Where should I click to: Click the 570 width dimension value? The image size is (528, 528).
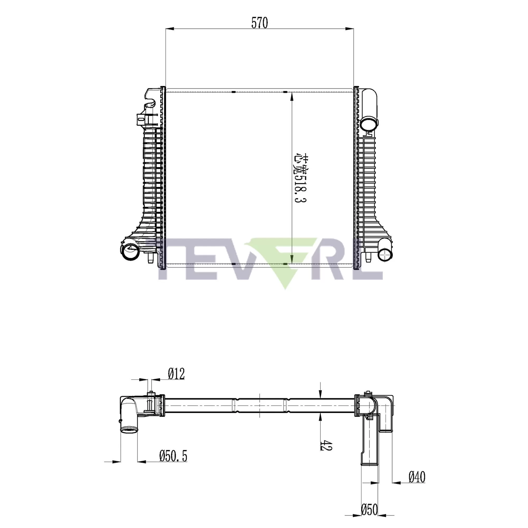(x=259, y=23)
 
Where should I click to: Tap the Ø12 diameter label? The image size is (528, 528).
(x=176, y=374)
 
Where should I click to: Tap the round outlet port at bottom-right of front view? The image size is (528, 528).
(x=385, y=254)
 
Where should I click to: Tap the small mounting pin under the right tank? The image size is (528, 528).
(x=368, y=257)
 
